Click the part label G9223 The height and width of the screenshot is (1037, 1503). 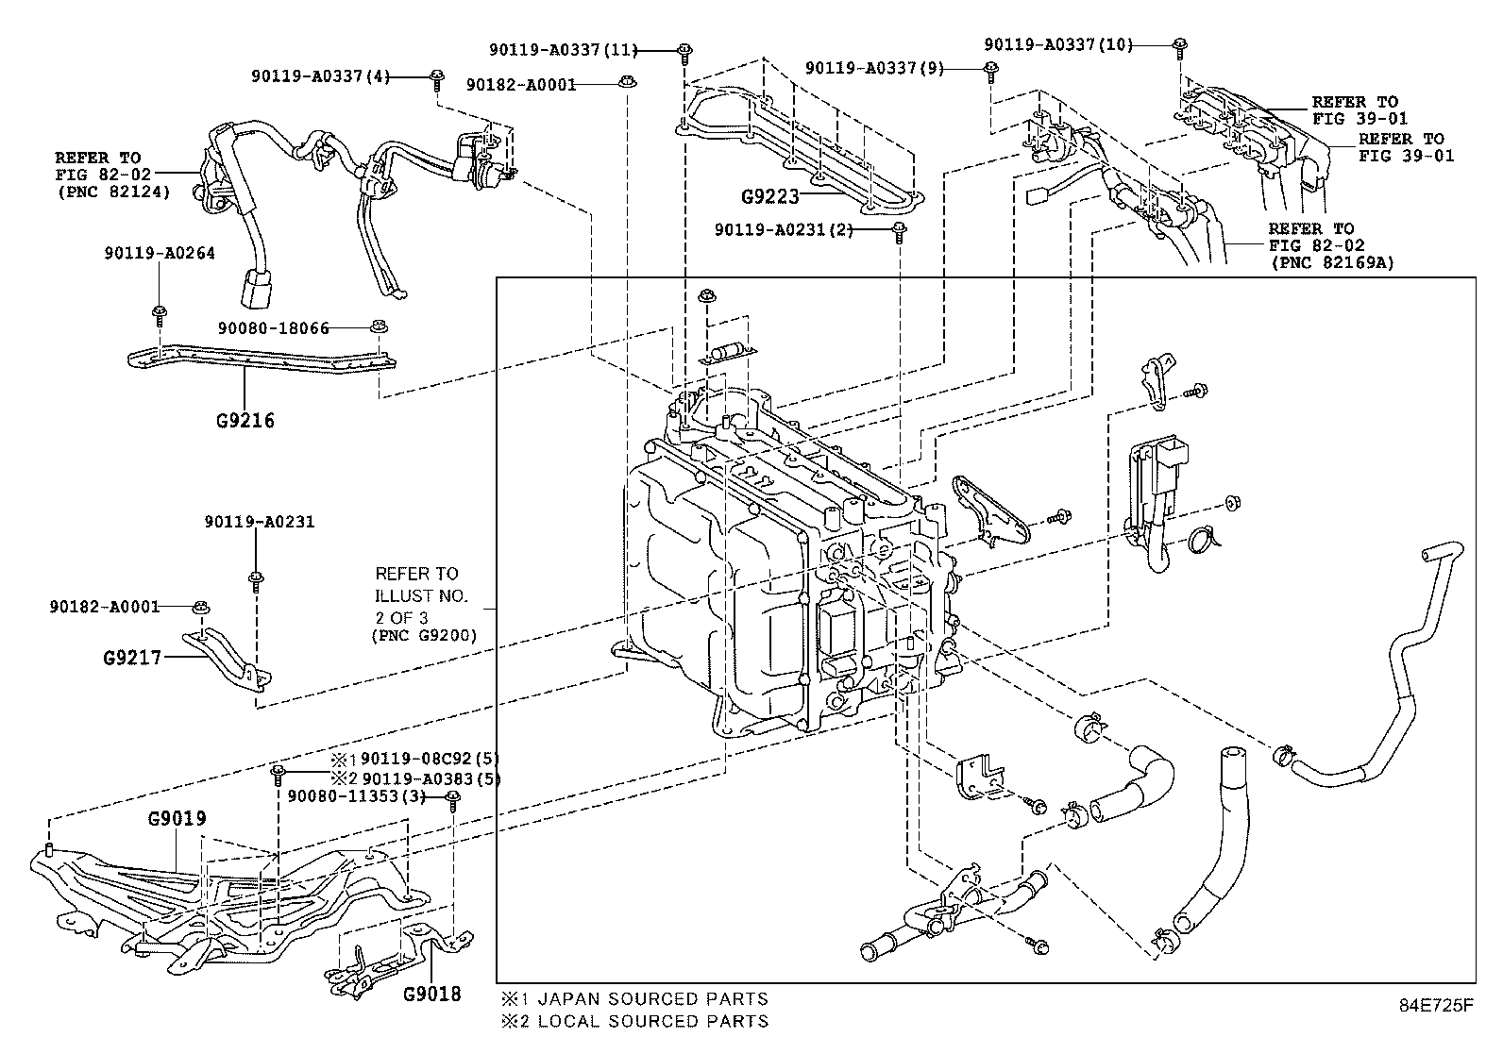[x=769, y=197]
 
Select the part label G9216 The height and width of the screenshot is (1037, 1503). [x=244, y=421]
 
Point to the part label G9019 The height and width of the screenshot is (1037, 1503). [x=177, y=818]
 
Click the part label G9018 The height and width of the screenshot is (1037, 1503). [x=431, y=994]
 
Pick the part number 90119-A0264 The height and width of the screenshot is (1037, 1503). [x=160, y=253]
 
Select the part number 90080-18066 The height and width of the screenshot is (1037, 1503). [x=273, y=328]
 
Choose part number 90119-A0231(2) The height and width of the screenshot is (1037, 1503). [x=784, y=229]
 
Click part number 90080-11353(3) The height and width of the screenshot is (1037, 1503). [x=356, y=796]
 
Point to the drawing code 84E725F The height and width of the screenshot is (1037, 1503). [x=1435, y=1005]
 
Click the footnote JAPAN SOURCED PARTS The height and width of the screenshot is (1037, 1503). [x=645, y=998]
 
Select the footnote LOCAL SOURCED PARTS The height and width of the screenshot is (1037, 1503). [x=645, y=1020]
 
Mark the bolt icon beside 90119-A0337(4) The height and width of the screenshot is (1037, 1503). [x=437, y=79]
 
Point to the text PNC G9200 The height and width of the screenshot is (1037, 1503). [x=424, y=636]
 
